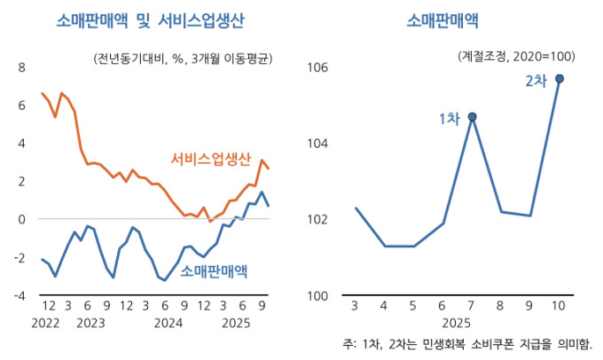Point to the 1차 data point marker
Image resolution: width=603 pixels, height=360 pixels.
[x=473, y=116]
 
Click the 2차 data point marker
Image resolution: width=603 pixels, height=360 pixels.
[x=560, y=78]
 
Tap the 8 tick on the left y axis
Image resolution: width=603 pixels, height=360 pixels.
[x=22, y=67]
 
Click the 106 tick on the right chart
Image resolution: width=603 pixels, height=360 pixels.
[x=318, y=67]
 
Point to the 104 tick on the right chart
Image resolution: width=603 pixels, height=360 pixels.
[x=318, y=143]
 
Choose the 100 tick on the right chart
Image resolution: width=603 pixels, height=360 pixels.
[x=318, y=295]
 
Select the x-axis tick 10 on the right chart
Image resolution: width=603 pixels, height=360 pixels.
[x=559, y=306]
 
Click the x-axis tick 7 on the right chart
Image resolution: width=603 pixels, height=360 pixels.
[x=473, y=306]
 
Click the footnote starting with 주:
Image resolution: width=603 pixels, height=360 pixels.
[x=467, y=343]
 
